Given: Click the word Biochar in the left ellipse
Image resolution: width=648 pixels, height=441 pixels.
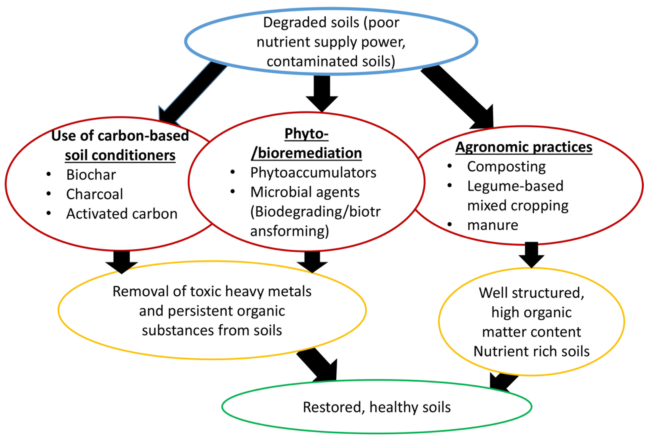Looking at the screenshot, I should (x=91, y=175).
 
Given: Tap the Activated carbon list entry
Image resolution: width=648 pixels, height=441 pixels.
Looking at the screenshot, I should (x=122, y=214).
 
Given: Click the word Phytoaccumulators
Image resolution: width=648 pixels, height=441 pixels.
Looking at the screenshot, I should (x=313, y=173).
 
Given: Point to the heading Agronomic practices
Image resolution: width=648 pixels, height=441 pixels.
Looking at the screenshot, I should (x=524, y=147).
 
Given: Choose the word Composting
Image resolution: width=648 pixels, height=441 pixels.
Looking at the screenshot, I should (x=506, y=167).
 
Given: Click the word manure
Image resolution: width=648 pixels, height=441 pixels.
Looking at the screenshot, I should (x=492, y=225).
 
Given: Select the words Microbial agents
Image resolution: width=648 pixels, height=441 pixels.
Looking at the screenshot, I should (x=305, y=192).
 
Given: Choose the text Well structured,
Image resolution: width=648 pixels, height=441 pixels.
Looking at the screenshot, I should (x=531, y=293).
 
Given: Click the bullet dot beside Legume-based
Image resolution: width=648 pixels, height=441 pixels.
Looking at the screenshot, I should (x=449, y=185).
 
